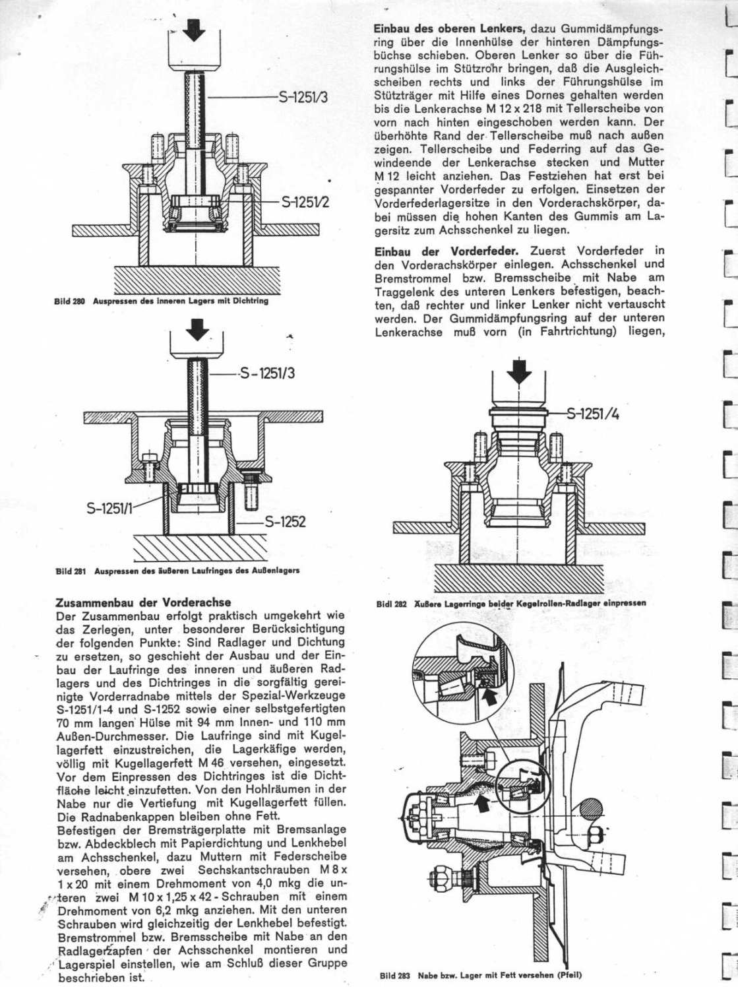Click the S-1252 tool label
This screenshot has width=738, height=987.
(285, 523)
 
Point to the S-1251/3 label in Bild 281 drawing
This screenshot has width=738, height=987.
(267, 374)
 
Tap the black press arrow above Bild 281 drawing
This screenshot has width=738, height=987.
(197, 329)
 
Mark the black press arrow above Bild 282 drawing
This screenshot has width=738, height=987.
(520, 371)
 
